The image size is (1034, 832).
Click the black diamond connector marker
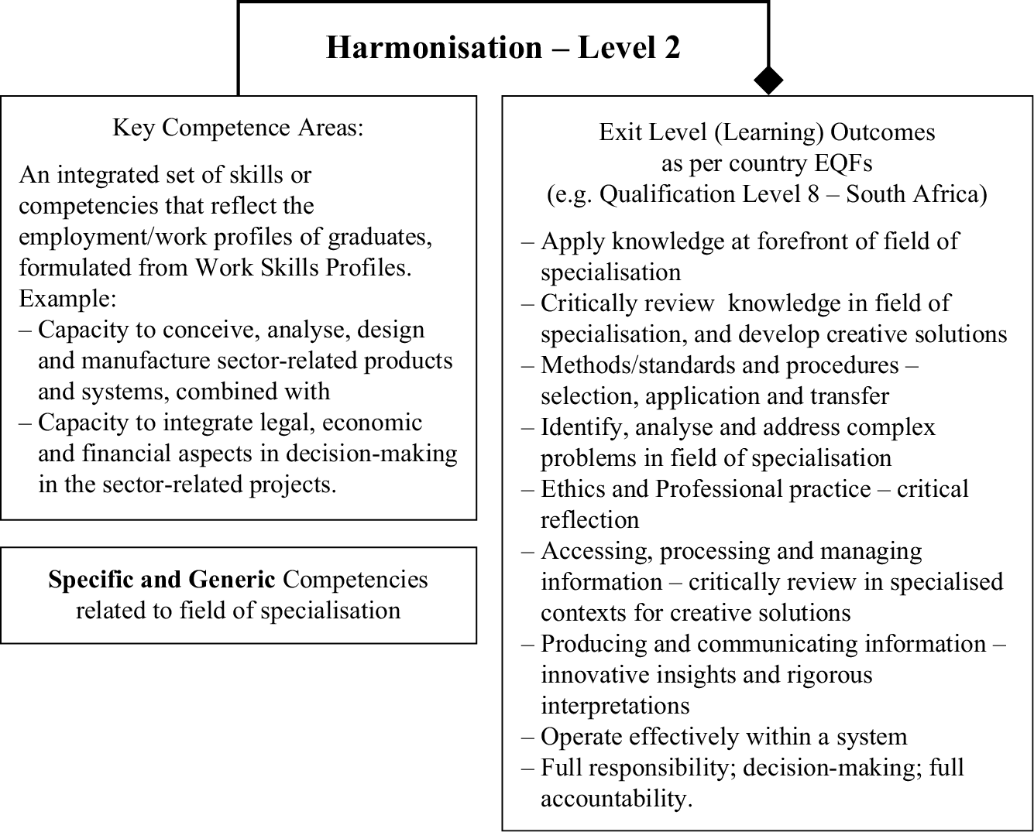tap(768, 79)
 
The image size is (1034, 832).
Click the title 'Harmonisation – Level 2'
tap(503, 47)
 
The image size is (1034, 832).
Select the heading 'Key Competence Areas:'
tap(238, 127)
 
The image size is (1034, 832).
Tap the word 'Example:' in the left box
tap(67, 298)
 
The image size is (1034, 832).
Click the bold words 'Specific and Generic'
tap(161, 580)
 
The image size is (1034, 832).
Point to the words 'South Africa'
tap(915, 193)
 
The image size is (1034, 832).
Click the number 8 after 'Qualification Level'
tap(812, 193)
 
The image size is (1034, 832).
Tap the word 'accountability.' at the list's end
tap(616, 798)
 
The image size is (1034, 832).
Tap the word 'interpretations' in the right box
tap(615, 705)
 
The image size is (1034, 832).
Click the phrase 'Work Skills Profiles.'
tap(303, 268)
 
